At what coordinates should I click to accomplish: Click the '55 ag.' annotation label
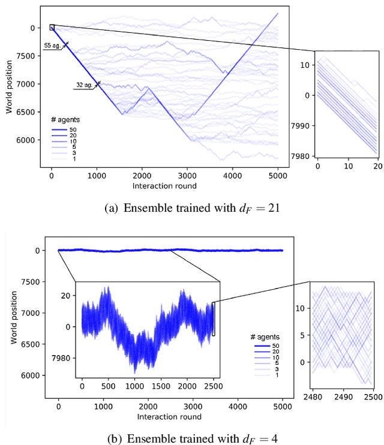click(x=52, y=45)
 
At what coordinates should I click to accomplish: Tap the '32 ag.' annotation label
click(x=83, y=86)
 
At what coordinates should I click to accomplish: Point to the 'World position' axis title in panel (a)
click(x=8, y=88)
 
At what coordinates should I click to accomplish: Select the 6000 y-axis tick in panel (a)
click(x=29, y=140)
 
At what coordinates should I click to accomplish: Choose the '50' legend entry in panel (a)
click(x=73, y=129)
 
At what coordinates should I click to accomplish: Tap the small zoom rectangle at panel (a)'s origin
click(x=52, y=27)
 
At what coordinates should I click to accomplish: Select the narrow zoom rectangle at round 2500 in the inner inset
click(x=213, y=318)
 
